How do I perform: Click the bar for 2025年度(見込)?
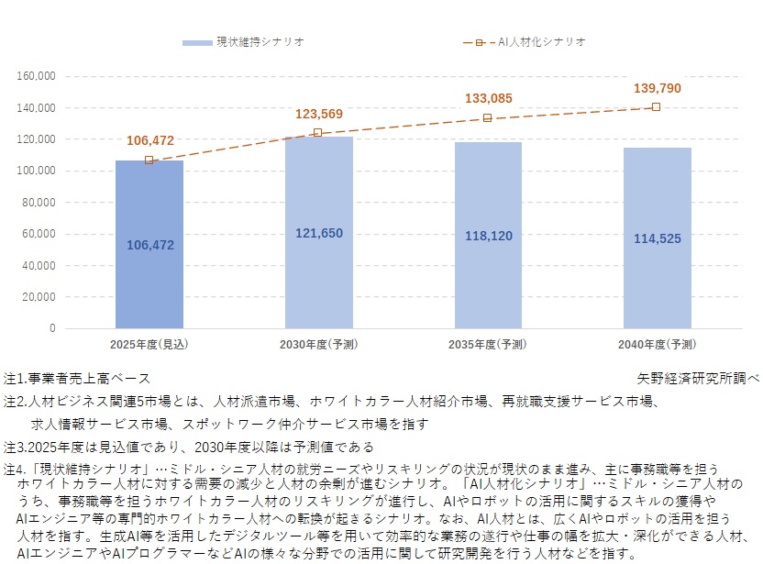pyautogui.click(x=149, y=275)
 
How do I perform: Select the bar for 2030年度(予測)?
pyautogui.click(x=318, y=275)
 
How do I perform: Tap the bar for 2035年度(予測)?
pyautogui.click(x=488, y=275)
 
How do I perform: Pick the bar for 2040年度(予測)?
pyautogui.click(x=658, y=275)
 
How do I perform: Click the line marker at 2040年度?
pyautogui.click(x=656, y=107)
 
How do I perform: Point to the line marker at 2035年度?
pyautogui.click(x=488, y=117)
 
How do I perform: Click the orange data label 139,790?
pyautogui.click(x=658, y=88)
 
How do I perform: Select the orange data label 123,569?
pyautogui.click(x=318, y=114)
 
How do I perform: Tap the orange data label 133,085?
pyautogui.click(x=488, y=98)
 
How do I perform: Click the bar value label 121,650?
pyautogui.click(x=318, y=234)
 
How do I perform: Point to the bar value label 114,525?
pyautogui.click(x=658, y=238)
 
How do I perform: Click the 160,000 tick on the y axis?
pyautogui.click(x=37, y=76)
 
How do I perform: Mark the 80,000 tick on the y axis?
pyautogui.click(x=39, y=203)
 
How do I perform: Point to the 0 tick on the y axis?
pyautogui.click(x=52, y=328)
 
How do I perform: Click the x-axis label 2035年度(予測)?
pyautogui.click(x=488, y=345)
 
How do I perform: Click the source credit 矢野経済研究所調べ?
pyautogui.click(x=698, y=378)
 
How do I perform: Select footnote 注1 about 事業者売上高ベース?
pyautogui.click(x=77, y=378)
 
